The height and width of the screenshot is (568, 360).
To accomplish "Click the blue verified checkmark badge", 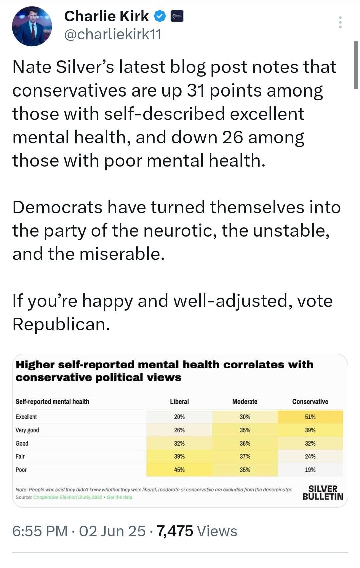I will point(160,16).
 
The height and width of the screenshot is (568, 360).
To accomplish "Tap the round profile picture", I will point(32,26).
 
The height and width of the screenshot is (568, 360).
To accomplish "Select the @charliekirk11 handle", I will point(113,34).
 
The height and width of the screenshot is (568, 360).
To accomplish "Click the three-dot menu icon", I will point(340,22).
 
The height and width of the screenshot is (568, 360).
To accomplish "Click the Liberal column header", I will point(179,401).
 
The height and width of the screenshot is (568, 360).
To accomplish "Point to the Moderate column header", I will point(245,401).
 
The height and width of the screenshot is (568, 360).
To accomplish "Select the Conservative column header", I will point(310,401).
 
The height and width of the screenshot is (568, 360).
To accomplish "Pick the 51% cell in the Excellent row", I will point(310,417).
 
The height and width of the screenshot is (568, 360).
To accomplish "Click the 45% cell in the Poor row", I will point(179,470).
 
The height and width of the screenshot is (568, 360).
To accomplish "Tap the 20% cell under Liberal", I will point(179,417).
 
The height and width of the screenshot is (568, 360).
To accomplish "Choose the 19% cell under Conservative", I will point(310,470).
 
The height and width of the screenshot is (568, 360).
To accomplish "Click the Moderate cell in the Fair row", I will point(245,456).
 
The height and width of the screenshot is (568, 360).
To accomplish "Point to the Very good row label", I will point(27,430).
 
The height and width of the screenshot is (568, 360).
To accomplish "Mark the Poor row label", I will point(21,470).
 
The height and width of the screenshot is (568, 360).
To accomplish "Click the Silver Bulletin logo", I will point(323,493).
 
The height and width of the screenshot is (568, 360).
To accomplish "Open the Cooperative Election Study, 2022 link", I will point(68,497).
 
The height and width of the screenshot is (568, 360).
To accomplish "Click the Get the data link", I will point(119,497).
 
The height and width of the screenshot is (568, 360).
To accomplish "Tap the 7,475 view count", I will point(175,531).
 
